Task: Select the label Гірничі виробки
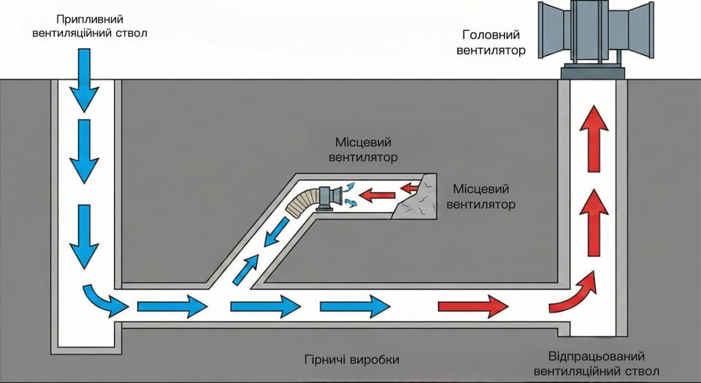(x=353, y=360)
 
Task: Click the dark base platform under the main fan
(x=592, y=72)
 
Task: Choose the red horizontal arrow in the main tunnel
(x=472, y=305)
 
